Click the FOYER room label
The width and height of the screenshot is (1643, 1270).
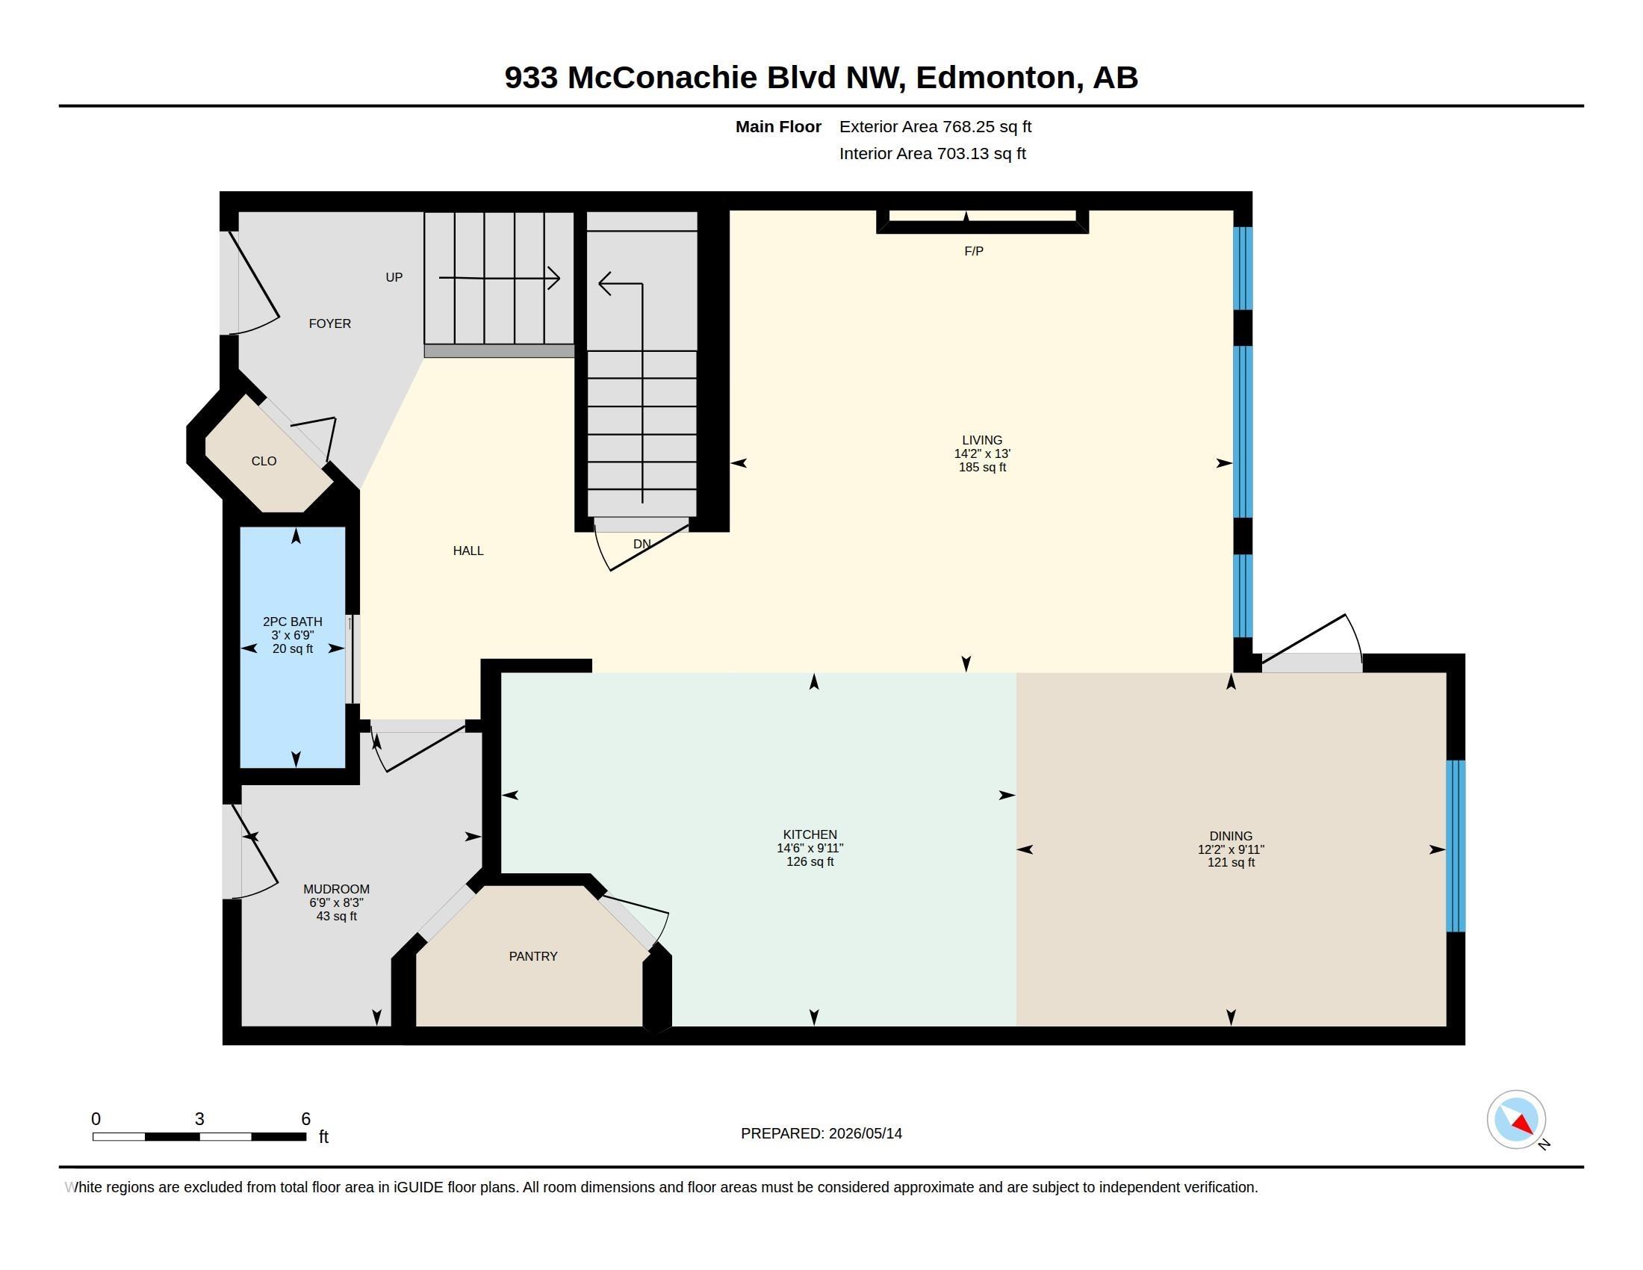tap(329, 323)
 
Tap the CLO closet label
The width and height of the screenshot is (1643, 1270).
tap(264, 461)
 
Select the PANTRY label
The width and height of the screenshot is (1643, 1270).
tap(533, 956)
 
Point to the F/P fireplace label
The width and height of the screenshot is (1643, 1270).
tap(974, 251)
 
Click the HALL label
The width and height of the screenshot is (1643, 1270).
tap(468, 551)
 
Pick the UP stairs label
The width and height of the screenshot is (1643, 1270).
tap(394, 278)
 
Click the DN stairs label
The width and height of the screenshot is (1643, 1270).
tap(642, 544)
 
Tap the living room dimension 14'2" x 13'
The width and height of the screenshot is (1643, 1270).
tap(983, 453)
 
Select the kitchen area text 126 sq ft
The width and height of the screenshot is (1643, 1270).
tap(810, 861)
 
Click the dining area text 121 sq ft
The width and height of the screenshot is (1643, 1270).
tap(1232, 862)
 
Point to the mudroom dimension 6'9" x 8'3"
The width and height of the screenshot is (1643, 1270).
tap(336, 903)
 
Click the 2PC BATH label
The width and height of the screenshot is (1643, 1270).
tap(293, 622)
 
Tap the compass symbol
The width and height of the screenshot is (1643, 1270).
tap(1517, 1120)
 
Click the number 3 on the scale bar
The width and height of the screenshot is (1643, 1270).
tap(199, 1119)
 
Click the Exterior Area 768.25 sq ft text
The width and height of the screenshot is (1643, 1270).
tap(936, 127)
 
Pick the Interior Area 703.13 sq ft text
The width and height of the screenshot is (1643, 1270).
tap(933, 153)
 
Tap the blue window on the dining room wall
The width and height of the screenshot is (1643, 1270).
tap(1456, 846)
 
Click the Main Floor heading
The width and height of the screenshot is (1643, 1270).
tap(779, 127)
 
